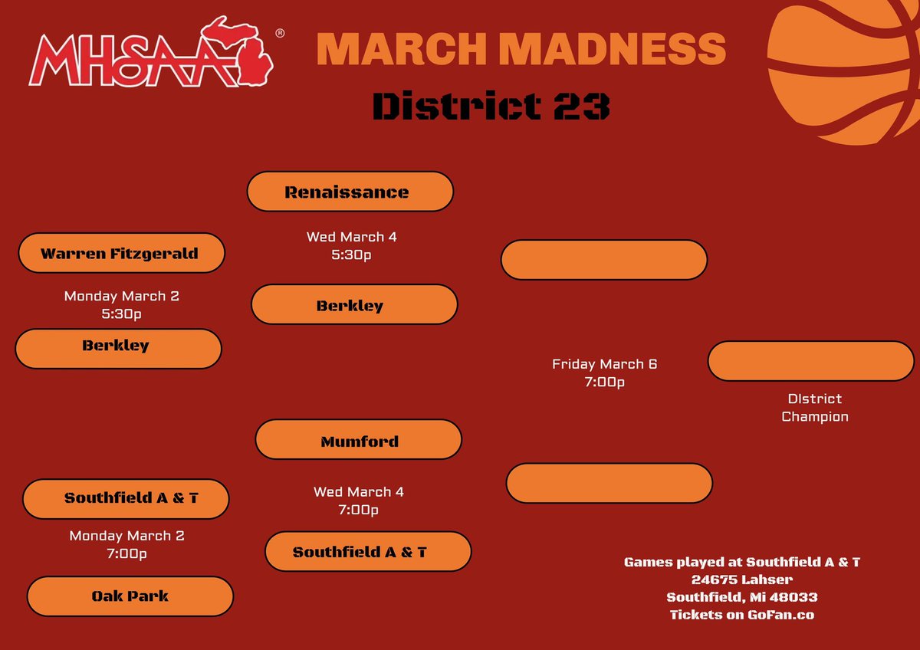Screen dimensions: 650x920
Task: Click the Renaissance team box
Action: pyautogui.click(x=350, y=192)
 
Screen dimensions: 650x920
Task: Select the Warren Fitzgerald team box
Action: pyautogui.click(x=121, y=253)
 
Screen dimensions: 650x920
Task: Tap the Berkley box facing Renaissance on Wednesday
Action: pyautogui.click(x=353, y=305)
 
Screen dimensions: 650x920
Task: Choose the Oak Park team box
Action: pyautogui.click(x=130, y=596)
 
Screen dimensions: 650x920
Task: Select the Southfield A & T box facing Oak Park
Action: pyautogui.click(x=126, y=498)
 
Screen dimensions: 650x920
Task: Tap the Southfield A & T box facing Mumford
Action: pyautogui.click(x=367, y=552)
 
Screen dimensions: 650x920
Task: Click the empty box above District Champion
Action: pyautogui.click(x=810, y=362)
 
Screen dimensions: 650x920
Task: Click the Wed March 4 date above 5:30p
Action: pyautogui.click(x=351, y=237)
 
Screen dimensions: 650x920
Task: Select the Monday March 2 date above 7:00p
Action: pyautogui.click(x=127, y=536)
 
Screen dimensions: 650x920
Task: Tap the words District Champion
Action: pyautogui.click(x=814, y=408)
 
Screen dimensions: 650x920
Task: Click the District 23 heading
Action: pyautogui.click(x=491, y=107)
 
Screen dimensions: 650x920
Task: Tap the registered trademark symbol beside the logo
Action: pyautogui.click(x=280, y=34)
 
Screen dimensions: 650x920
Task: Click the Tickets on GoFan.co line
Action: pyautogui.click(x=741, y=615)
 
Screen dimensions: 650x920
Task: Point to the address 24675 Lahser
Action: pyautogui.click(x=741, y=579)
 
